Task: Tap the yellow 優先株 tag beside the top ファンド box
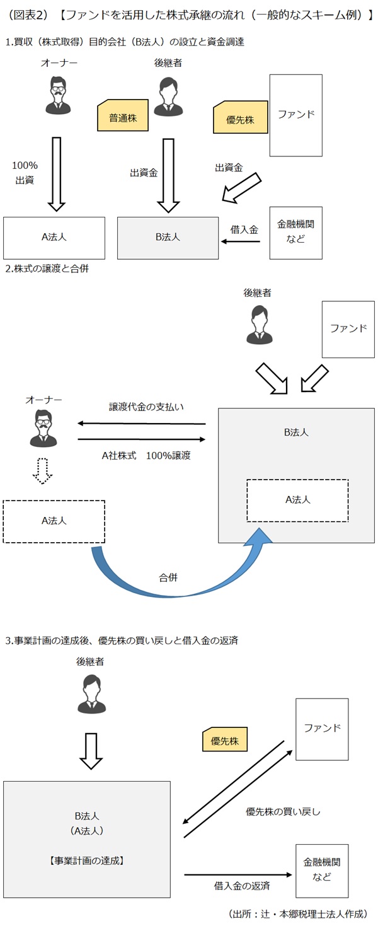240,119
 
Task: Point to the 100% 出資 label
25,173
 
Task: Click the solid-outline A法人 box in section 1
54,237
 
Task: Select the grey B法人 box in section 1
168,237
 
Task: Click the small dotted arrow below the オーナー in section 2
43,470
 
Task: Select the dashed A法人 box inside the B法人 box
297,500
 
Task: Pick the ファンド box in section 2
348,328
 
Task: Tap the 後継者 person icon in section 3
92,693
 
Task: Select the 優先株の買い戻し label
282,812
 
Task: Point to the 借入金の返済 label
241,886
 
